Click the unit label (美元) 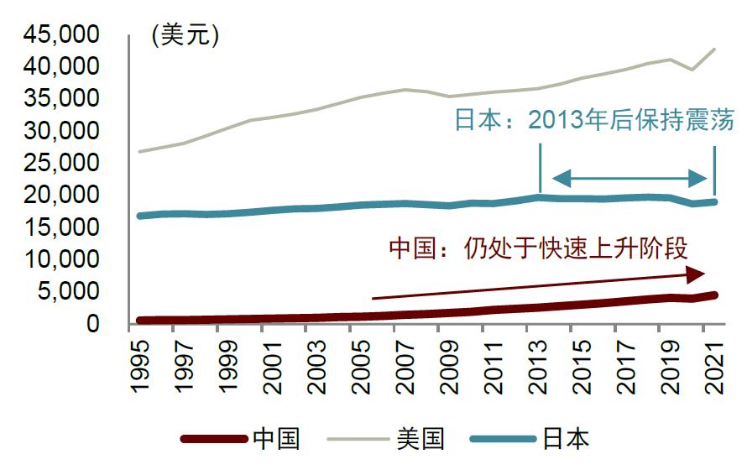tap(185, 36)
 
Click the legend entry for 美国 tap(392, 438)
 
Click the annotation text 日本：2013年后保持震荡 tap(594, 121)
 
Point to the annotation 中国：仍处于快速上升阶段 tap(538, 248)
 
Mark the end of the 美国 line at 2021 tap(715, 50)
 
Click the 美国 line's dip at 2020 tap(692, 69)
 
